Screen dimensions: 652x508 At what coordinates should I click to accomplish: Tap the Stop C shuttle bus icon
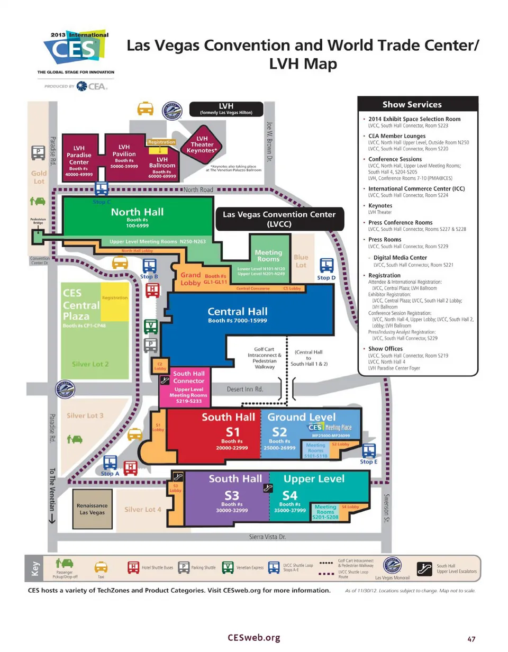point(102,189)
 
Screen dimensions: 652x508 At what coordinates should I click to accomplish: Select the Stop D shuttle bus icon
point(327,266)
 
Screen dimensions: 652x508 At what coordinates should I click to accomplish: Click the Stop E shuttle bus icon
point(369,451)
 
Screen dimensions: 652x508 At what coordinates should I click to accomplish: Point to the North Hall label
point(137,212)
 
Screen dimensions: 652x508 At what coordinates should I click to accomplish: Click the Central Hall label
point(238,311)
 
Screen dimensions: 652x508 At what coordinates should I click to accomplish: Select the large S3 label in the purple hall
point(232,495)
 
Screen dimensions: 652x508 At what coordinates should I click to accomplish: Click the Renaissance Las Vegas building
point(92,509)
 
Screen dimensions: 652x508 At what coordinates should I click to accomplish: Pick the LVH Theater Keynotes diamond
point(202,144)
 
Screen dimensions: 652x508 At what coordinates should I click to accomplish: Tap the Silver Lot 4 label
point(142,509)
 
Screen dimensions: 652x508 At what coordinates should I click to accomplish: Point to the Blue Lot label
point(301,261)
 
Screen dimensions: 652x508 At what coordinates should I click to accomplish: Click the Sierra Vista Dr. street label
point(267,537)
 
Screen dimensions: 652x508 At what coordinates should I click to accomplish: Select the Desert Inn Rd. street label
point(245,389)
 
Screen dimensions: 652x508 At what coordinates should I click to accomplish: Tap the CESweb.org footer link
point(253,638)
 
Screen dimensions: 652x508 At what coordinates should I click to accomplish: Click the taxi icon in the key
point(101,567)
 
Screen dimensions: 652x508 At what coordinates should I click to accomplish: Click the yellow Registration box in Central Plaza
point(115,302)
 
